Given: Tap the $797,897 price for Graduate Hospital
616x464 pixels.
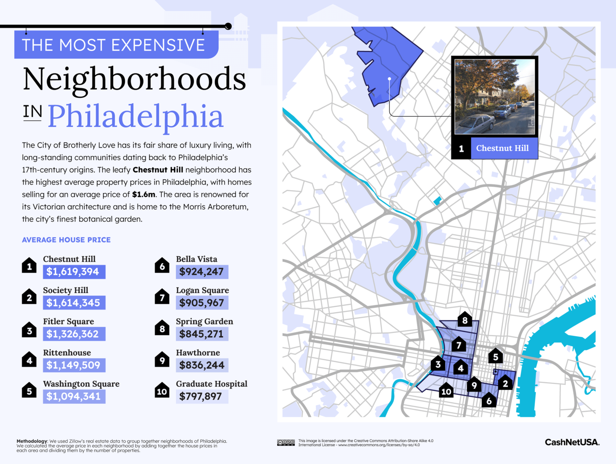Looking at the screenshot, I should (201, 397).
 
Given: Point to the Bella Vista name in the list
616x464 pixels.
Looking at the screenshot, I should (197, 259).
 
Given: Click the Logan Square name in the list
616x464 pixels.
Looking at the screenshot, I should (202, 290).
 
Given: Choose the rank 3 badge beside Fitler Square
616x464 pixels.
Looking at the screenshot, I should (29, 331).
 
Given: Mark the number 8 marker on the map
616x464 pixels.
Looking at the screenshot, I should (465, 320).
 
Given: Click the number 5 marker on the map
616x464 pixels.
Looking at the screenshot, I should (496, 357).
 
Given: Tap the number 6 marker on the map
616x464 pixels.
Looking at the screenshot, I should (489, 400).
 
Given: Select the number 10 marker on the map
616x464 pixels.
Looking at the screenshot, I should (446, 391).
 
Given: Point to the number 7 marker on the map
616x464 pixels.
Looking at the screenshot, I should (459, 344).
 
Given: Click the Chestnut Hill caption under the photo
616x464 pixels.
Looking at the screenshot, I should (502, 148).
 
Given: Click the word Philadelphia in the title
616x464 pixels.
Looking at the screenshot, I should (135, 116).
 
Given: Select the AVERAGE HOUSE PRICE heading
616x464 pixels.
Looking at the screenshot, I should (66, 240).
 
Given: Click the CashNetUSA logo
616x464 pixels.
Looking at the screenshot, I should (572, 442).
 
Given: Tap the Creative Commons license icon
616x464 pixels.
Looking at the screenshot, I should (286, 443).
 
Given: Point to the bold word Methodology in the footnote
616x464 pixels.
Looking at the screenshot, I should (32, 441).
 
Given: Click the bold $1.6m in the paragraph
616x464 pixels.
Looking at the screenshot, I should (144, 195).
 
